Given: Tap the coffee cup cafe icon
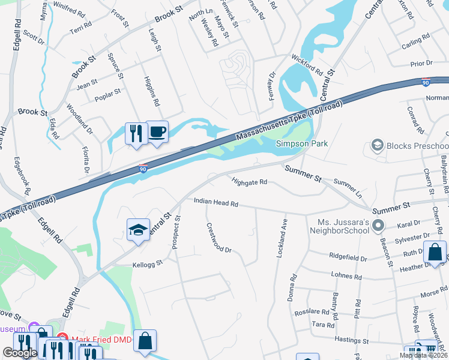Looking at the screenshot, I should [157, 131].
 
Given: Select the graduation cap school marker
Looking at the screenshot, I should [138, 230].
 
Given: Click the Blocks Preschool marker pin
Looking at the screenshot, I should [378, 145].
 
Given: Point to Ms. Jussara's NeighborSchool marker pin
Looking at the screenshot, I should [378, 226].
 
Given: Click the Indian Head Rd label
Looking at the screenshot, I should [216, 204].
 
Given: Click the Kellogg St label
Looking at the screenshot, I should [148, 263].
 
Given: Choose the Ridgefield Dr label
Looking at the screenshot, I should [348, 257].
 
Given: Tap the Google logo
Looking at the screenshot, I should [20, 353].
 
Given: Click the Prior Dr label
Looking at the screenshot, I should [421, 63].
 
